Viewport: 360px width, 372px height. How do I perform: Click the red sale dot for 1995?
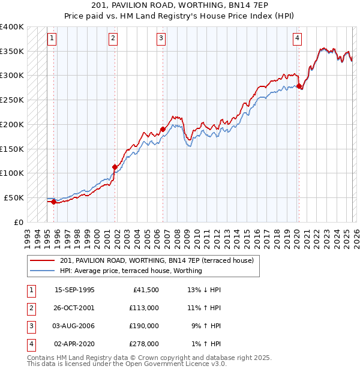pyautogui.click(x=53, y=202)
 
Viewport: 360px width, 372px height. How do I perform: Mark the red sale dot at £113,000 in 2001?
pyautogui.click(x=115, y=167)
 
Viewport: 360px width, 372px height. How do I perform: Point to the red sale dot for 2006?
pyautogui.click(x=163, y=129)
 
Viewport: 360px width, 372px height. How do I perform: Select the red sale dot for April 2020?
pyautogui.click(x=299, y=86)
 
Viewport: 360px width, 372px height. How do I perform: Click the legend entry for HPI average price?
pyautogui.click(x=131, y=271)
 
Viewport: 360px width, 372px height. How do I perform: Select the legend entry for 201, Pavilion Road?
pyautogui.click(x=157, y=260)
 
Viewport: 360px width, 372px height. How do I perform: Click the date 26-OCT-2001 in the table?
pyautogui.click(x=74, y=308)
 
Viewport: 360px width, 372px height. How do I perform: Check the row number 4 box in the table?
pyautogui.click(x=30, y=344)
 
